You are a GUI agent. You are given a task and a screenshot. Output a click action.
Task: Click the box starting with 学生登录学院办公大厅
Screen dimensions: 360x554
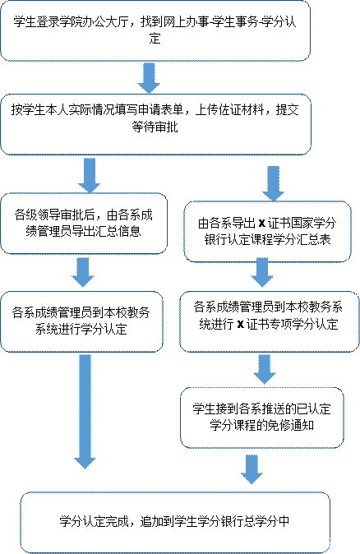pyautogui.click(x=155, y=30)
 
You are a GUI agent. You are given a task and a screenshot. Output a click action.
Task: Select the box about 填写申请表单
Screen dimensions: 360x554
pyautogui.click(x=155, y=124)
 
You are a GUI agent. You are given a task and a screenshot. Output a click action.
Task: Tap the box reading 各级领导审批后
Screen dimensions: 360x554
pyautogui.click(x=84, y=224)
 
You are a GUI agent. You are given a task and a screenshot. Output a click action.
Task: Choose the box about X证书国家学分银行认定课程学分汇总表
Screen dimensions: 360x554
pyautogui.click(x=267, y=232)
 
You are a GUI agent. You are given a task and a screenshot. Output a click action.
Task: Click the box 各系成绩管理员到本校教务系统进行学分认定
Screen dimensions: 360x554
pyautogui.click(x=81, y=321)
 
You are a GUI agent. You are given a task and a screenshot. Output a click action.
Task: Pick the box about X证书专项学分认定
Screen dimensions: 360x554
pyautogui.click(x=270, y=321)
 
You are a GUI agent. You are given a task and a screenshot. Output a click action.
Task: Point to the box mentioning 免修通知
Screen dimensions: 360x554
pyautogui.click(x=262, y=418)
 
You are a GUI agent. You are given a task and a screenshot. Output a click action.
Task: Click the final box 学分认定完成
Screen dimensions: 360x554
pyautogui.click(x=175, y=522)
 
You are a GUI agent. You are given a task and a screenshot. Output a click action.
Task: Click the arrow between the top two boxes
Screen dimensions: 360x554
pyautogui.click(x=149, y=78)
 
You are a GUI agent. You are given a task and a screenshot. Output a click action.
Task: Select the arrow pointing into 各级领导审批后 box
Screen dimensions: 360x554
pyautogui.click(x=89, y=176)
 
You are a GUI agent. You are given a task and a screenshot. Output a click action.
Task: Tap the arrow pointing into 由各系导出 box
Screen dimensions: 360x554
pyautogui.click(x=273, y=184)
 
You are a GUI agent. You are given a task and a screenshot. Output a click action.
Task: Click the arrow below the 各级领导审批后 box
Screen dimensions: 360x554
pyautogui.click(x=83, y=272)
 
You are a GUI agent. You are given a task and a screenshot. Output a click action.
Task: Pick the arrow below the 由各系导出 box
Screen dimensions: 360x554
pyautogui.click(x=262, y=272)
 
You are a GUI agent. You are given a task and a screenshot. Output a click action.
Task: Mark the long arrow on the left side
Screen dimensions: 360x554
pyautogui.click(x=85, y=412)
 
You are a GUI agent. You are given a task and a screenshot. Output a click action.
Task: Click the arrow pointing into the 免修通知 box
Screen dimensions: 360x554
pyautogui.click(x=265, y=370)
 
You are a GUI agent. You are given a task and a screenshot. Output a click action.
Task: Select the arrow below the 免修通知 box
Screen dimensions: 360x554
pyautogui.click(x=252, y=469)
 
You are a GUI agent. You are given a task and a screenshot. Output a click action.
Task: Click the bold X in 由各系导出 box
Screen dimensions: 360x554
pyautogui.click(x=262, y=224)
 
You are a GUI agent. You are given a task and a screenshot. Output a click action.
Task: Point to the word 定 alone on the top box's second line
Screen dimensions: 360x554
pyautogui.click(x=155, y=38)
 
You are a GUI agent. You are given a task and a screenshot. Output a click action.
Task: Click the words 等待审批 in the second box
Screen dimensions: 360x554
pyautogui.click(x=155, y=127)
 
